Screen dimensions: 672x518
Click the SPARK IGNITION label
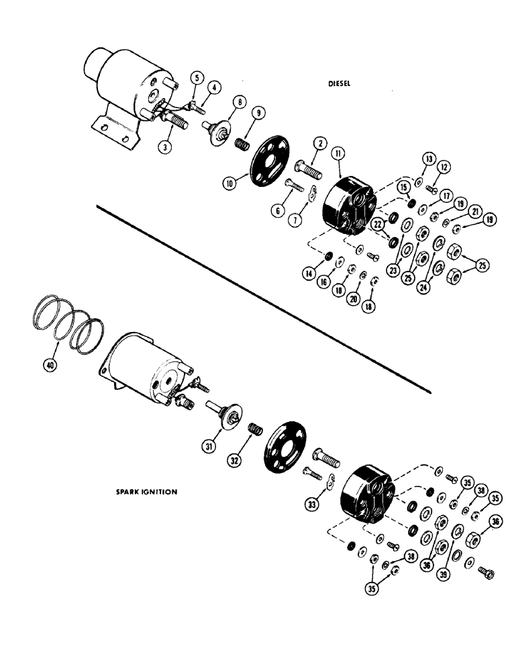pyautogui.click(x=146, y=492)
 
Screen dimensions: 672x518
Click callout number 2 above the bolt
pyautogui.click(x=319, y=142)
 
